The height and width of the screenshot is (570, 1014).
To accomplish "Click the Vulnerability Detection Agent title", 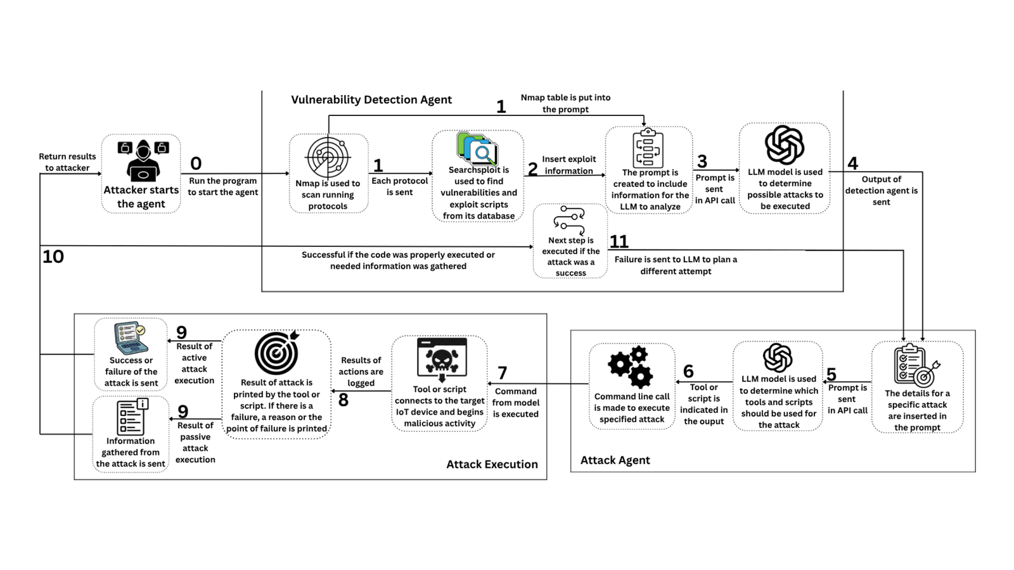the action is coord(371,99).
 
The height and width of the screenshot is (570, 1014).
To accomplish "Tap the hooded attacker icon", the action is coord(143,161).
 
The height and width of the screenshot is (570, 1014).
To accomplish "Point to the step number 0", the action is coord(196,163).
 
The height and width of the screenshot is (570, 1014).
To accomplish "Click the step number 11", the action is coord(619,241).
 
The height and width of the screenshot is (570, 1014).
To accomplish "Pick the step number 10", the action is coord(53,256).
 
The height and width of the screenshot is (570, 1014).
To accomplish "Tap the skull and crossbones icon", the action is coord(441,360).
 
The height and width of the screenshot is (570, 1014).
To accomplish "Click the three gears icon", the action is coord(631,367).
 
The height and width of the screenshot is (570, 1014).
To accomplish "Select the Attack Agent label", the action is coord(615,460).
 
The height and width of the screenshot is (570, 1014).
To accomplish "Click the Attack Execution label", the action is coord(492,464).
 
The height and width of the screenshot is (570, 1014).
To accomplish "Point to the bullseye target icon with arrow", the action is coord(276,353).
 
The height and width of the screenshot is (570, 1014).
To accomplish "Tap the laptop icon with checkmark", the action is coord(131,338).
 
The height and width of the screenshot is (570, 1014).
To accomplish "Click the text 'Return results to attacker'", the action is coord(67,162).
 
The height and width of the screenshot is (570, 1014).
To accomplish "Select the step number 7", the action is coord(502,373).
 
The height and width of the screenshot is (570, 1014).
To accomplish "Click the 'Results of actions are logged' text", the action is coord(361,371).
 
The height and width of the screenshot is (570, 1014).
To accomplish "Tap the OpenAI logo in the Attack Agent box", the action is coord(778,358).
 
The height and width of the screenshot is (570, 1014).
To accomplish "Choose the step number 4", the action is coord(853,163).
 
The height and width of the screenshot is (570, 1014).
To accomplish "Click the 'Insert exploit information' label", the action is coord(569,165).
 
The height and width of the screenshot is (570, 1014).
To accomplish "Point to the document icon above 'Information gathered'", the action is coord(132,417).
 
